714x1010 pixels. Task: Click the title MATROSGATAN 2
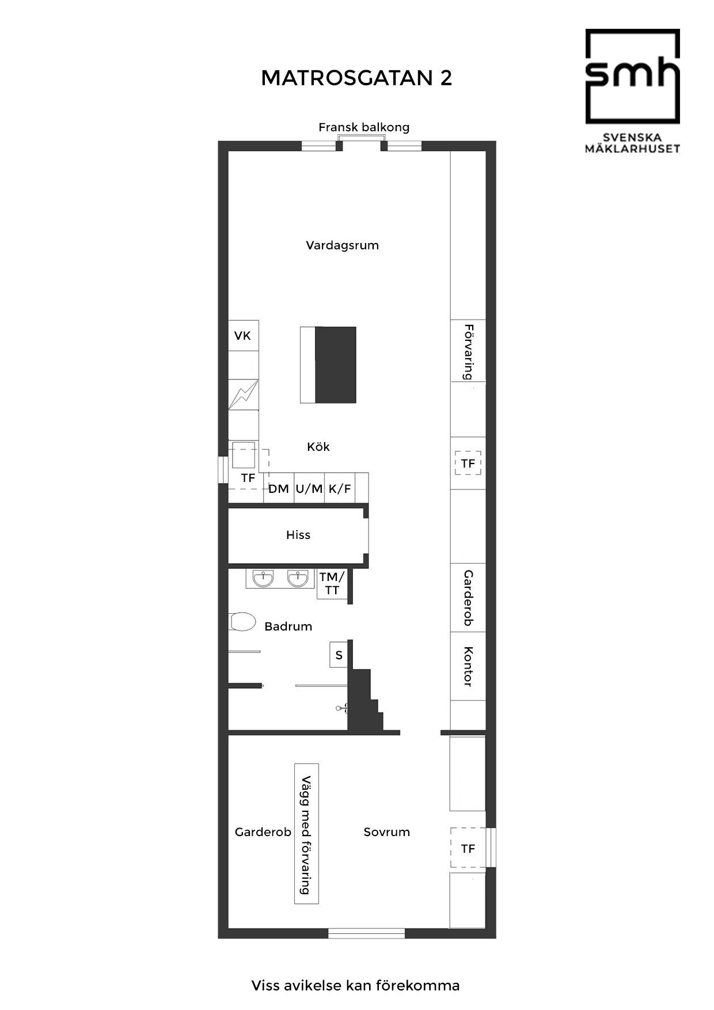(x=356, y=78)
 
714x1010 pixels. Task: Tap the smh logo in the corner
(x=632, y=91)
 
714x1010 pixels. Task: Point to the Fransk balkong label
(x=364, y=127)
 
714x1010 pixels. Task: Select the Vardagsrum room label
(x=342, y=245)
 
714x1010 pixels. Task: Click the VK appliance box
(x=243, y=336)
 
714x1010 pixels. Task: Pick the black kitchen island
(x=328, y=365)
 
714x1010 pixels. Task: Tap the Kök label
(x=318, y=447)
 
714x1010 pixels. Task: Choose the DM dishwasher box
(x=279, y=489)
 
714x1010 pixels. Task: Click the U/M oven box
(x=309, y=489)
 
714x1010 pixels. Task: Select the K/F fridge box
(x=340, y=489)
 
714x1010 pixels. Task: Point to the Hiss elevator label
(x=298, y=535)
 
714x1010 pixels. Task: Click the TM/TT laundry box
(x=332, y=584)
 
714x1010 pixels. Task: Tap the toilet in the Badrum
(x=242, y=622)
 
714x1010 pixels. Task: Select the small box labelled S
(x=339, y=655)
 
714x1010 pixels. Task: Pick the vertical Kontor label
(x=468, y=666)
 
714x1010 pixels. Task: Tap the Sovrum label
(x=386, y=832)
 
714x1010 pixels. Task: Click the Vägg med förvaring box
(x=306, y=833)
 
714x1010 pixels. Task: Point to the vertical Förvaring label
(x=469, y=352)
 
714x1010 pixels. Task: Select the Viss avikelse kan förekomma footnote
(x=355, y=985)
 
